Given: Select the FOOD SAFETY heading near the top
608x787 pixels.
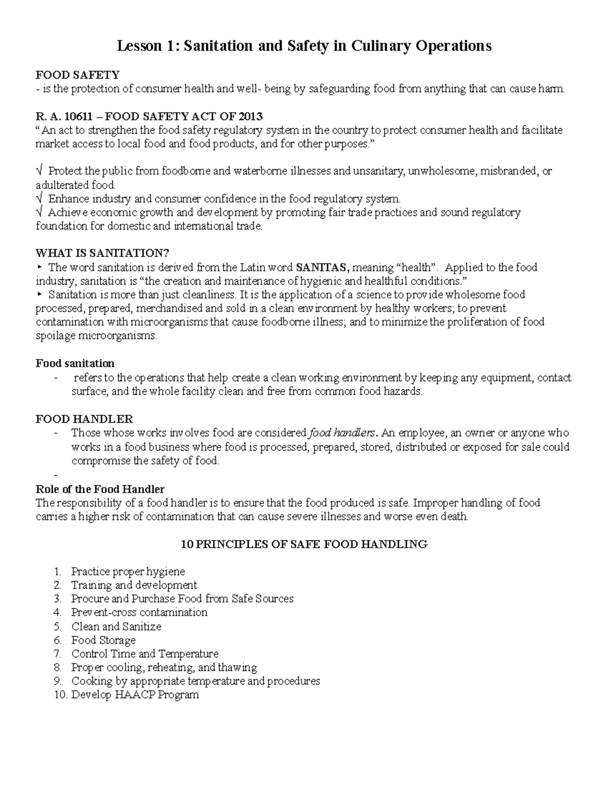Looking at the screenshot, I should pos(78,75).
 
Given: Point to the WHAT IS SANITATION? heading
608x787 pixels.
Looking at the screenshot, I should pos(102,253).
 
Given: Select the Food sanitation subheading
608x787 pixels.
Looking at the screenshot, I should pos(75,363).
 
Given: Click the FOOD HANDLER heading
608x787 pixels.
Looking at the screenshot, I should pos(84,419).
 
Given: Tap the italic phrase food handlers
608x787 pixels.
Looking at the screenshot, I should pos(343,433).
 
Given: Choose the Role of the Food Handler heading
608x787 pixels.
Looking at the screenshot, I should pos(100,489).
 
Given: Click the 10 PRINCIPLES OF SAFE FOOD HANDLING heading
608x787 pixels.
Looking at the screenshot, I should pos(304,544).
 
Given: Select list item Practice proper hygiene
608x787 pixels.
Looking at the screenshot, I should pos(128,572).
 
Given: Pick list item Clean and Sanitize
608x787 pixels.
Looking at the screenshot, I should pos(116,626).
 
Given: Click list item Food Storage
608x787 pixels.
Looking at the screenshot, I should pos(103,640).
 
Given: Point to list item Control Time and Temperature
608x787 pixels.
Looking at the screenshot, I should pos(144,654).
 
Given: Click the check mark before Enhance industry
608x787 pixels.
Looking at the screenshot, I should pos(40,199).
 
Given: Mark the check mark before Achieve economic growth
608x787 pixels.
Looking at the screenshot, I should pos(40,212).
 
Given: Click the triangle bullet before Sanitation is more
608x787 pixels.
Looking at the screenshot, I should pos(40,294).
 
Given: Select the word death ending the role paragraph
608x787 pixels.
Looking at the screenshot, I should pos(454,517).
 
